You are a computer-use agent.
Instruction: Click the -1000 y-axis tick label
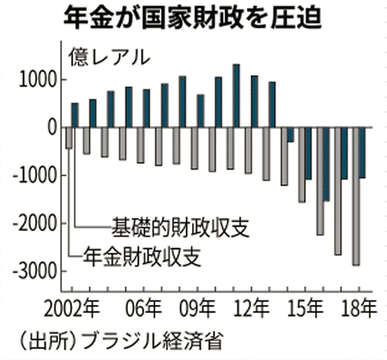[x=34, y=176]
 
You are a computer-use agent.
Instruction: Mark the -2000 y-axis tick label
[x=34, y=223]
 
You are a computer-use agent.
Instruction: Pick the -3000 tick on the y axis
[x=34, y=271]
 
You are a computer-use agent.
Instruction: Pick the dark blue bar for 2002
[x=75, y=115]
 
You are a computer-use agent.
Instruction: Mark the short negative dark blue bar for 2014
[x=291, y=134]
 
